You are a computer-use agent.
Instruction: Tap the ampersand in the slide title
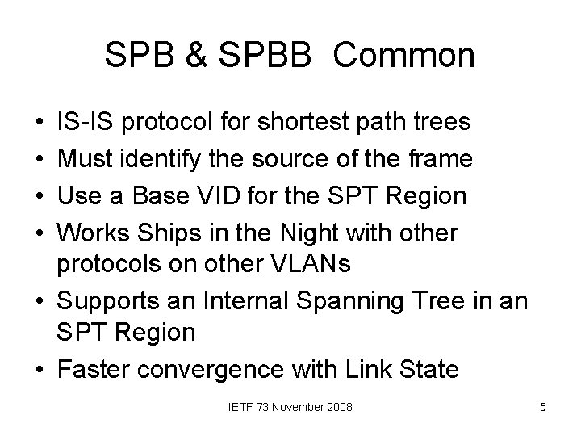[x=190, y=56]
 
